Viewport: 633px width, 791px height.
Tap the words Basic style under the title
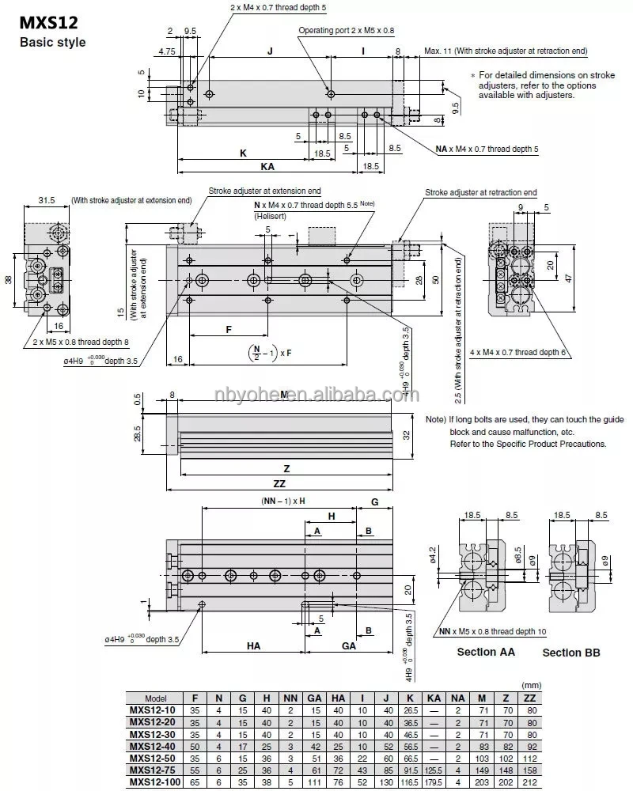point(52,42)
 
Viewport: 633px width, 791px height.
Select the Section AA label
point(486,652)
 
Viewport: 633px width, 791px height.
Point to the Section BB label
point(570,653)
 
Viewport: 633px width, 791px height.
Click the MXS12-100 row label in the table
point(156,782)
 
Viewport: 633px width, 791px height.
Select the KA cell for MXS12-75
point(434,770)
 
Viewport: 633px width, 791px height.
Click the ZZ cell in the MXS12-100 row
point(529,782)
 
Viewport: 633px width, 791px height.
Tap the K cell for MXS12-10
point(410,710)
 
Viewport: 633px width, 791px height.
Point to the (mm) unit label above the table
point(529,685)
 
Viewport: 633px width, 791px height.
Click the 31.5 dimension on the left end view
point(47,201)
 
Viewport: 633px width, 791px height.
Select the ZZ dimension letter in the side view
point(279,483)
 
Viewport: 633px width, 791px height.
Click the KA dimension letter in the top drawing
point(268,168)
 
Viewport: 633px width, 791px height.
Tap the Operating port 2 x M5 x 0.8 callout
point(346,30)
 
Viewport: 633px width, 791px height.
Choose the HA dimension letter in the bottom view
point(253,645)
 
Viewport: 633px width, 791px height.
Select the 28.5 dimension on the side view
point(137,433)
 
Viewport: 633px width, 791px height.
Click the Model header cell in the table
point(156,698)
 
